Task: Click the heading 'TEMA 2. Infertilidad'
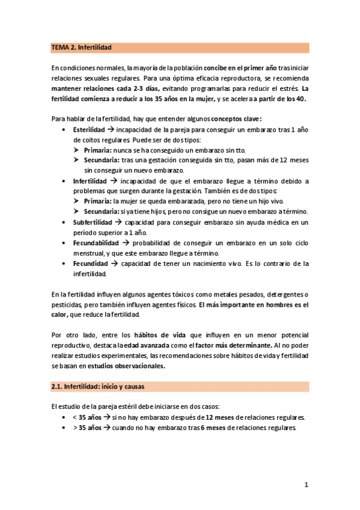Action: [x=82, y=47]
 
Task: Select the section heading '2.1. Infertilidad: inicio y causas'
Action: [x=97, y=386]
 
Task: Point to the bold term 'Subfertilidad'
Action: [x=93, y=222]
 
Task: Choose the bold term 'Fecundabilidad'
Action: [x=96, y=242]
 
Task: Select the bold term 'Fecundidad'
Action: [x=91, y=263]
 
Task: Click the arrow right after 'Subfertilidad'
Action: [x=119, y=222]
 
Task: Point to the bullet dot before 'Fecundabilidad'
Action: [x=65, y=242]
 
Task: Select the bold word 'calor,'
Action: [x=61, y=315]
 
